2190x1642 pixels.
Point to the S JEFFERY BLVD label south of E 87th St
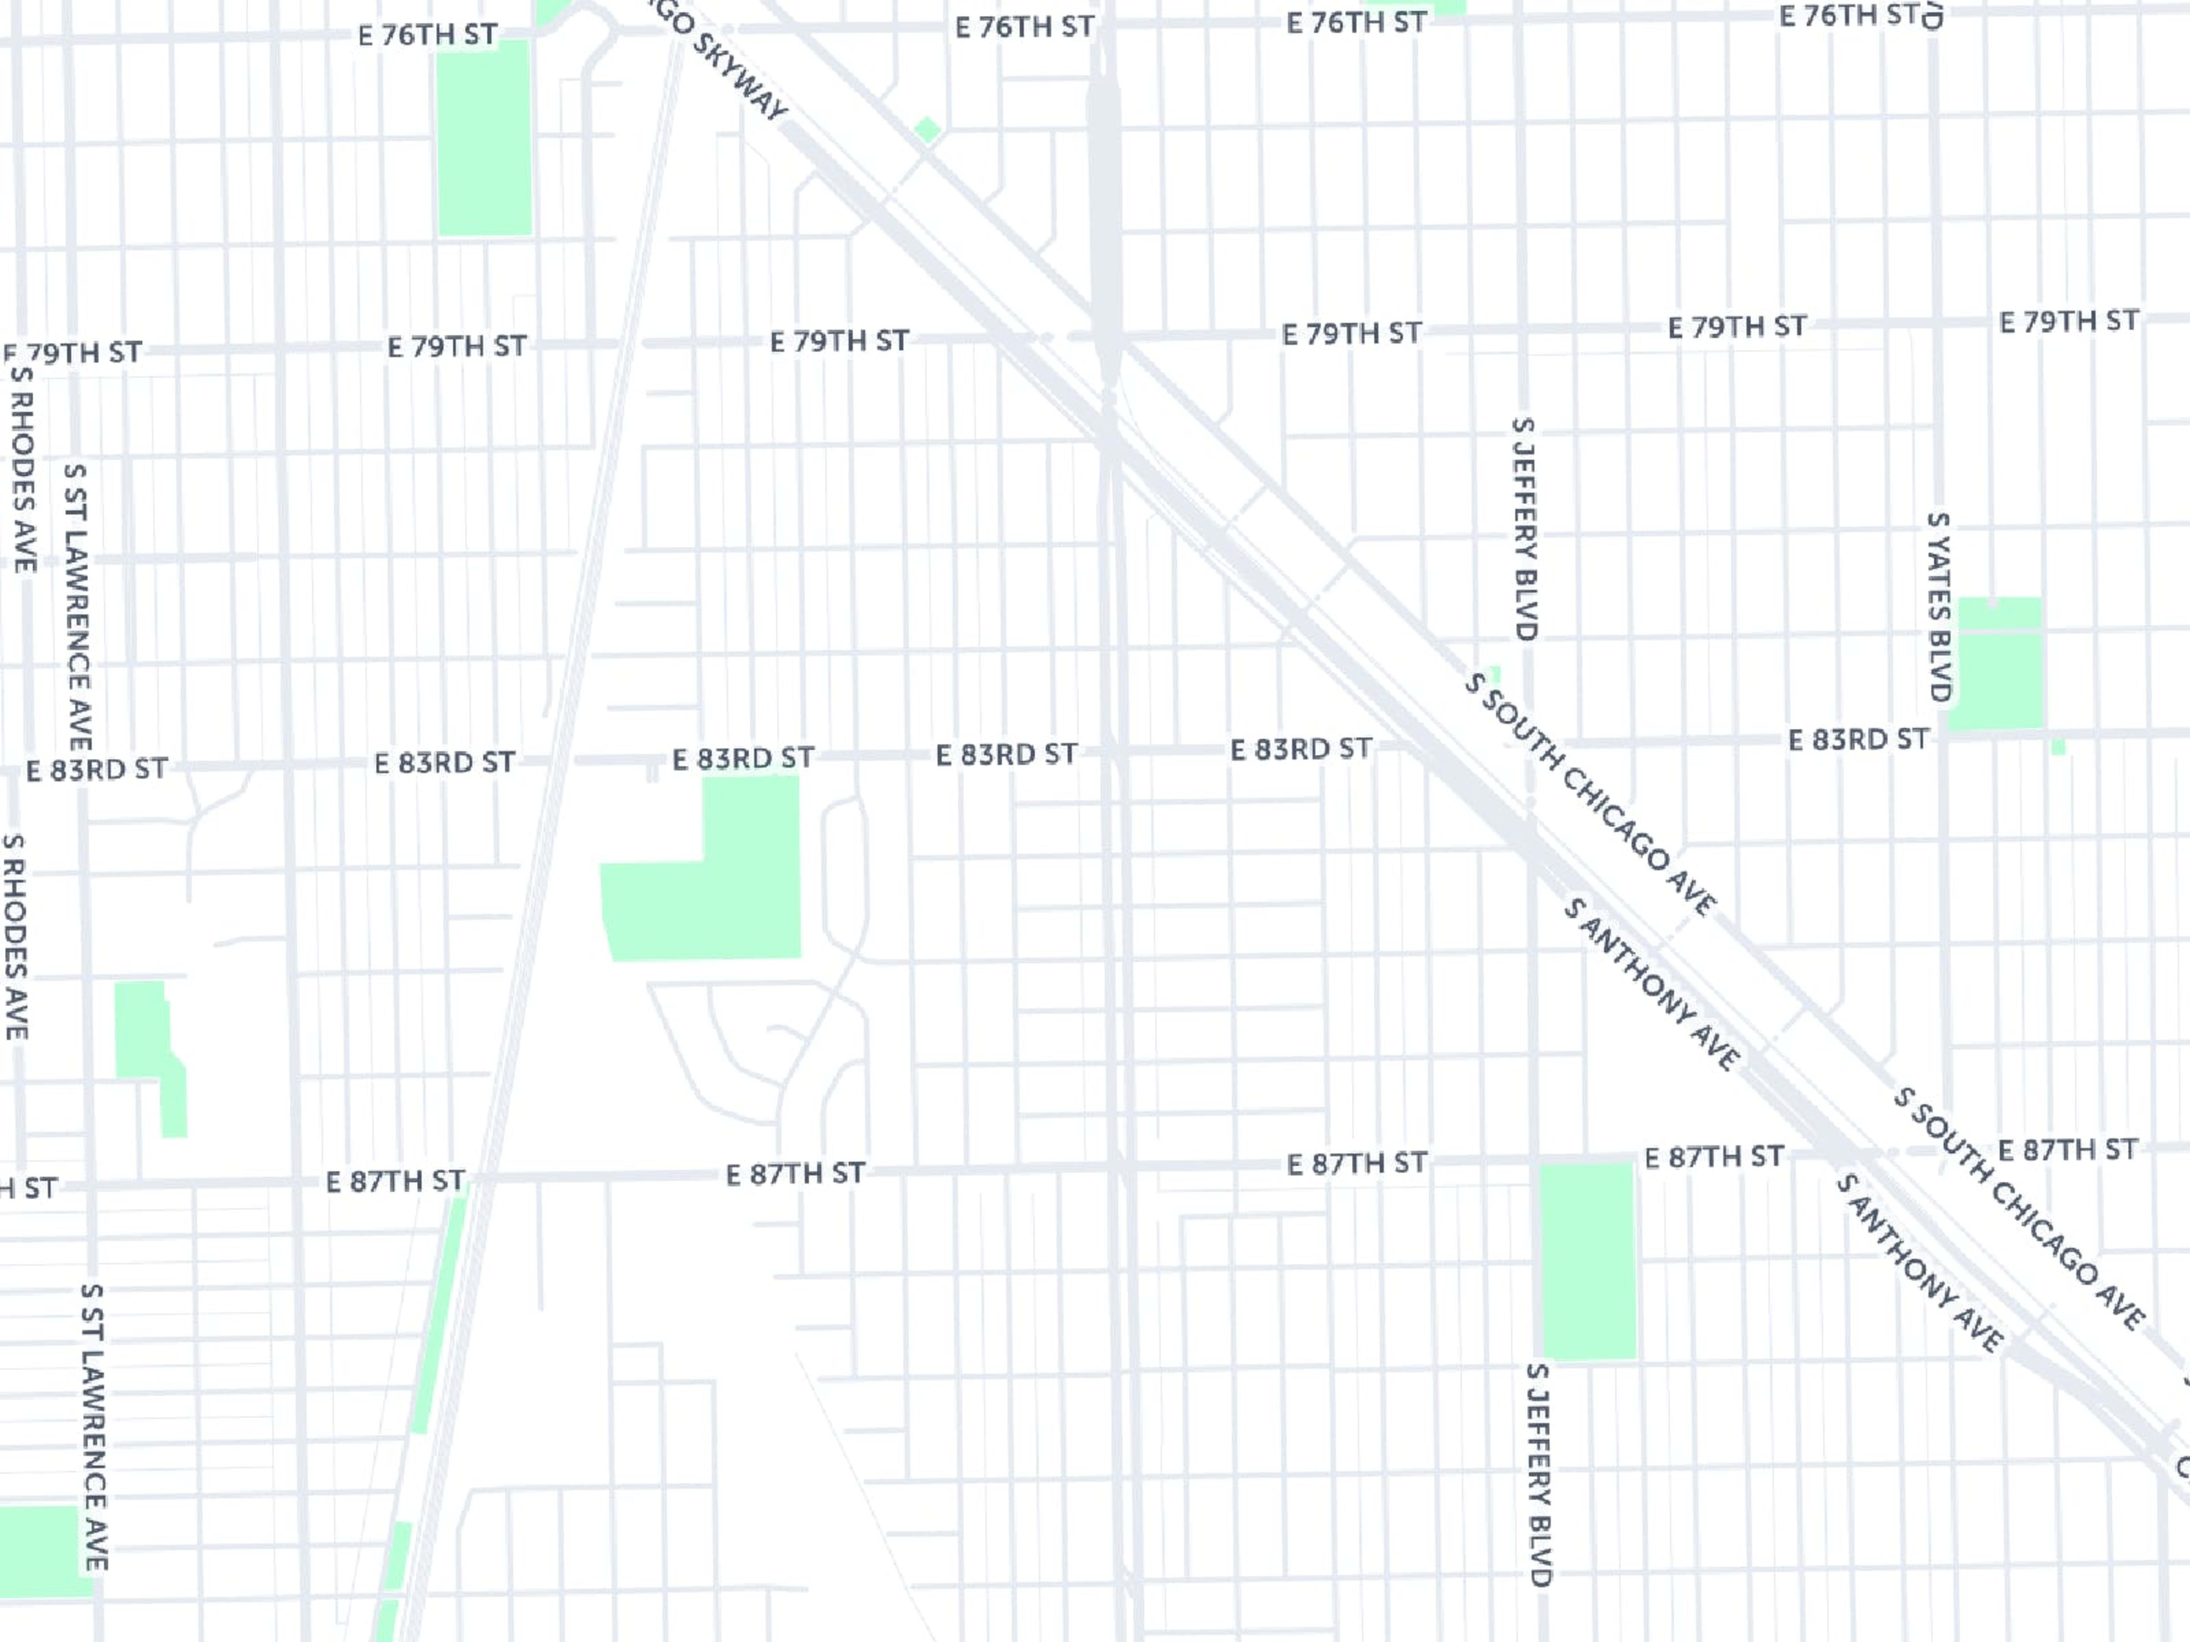(x=1538, y=1475)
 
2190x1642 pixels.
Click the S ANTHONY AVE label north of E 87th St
(x=1652, y=985)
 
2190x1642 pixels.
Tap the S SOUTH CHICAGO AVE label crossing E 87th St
(x=2018, y=1209)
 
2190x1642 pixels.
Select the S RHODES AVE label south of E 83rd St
(x=15, y=936)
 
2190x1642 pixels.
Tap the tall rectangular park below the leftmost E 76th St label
(x=484, y=139)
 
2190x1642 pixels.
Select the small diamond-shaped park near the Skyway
(x=928, y=129)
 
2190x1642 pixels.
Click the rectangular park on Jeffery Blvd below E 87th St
(x=1587, y=1260)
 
